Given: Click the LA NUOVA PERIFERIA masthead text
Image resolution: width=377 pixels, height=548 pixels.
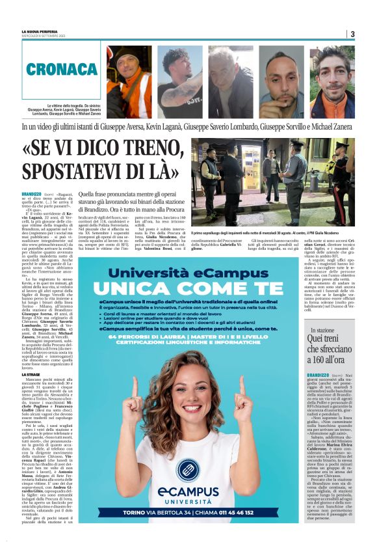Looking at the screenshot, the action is click(x=41, y=31).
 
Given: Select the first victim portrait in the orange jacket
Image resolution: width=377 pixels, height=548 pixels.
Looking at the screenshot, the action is click(x=129, y=81).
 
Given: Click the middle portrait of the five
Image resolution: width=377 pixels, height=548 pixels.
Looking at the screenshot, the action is click(x=231, y=81).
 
